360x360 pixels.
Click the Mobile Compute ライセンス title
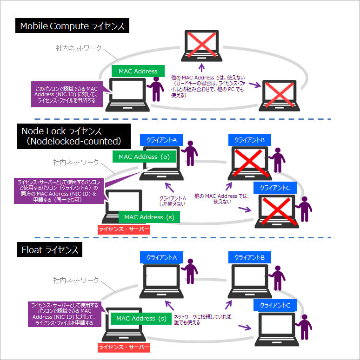[72, 26]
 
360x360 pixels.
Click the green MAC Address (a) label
[144, 157]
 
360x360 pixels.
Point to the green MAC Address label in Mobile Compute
[138, 72]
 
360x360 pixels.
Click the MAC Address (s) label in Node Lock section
[150, 217]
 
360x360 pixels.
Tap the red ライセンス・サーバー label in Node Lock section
[124, 229]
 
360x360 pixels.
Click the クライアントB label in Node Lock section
[249, 139]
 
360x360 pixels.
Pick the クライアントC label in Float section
[275, 305]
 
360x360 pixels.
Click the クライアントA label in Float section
[161, 257]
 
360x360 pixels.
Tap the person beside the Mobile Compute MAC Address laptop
[157, 88]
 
